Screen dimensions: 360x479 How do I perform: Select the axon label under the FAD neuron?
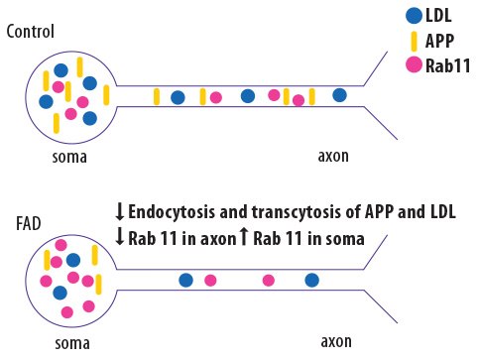[x=335, y=342]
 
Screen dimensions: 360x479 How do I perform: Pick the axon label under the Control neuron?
[x=332, y=157]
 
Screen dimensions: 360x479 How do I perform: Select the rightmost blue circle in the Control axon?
[x=339, y=95]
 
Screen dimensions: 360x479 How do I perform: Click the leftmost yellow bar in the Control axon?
[x=156, y=96]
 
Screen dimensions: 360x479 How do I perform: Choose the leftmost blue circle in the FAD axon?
[x=184, y=280]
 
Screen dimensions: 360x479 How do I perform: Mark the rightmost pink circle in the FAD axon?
[x=268, y=281]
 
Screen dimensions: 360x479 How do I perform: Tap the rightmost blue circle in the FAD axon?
[x=311, y=280]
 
